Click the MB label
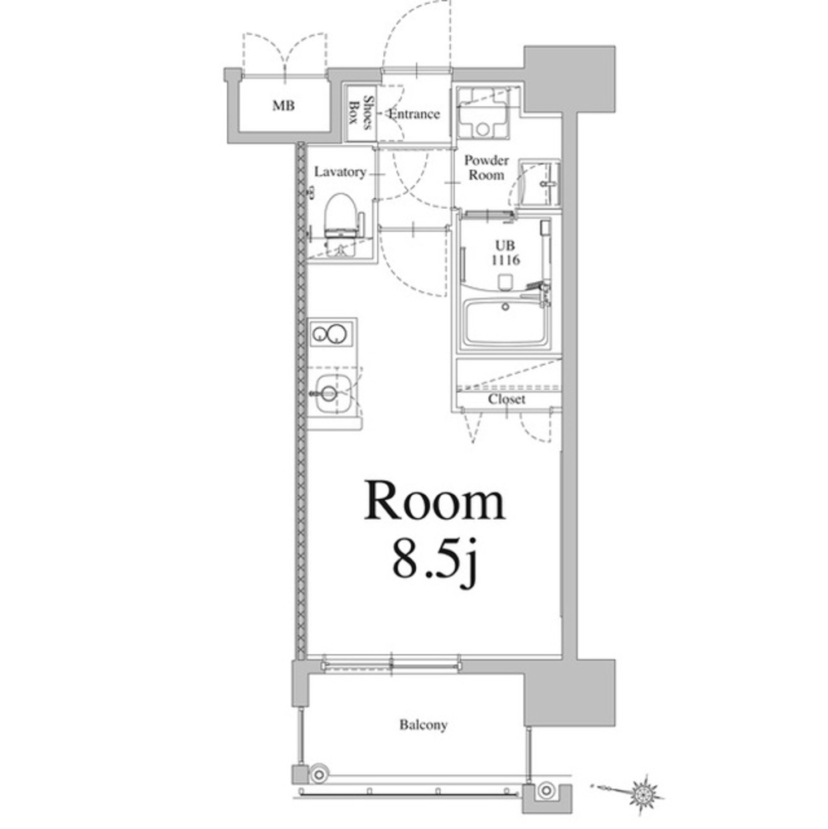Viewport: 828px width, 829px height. tap(283, 106)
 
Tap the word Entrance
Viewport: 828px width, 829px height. tap(414, 114)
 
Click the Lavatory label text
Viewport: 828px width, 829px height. tap(340, 172)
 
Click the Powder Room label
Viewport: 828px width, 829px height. tap(487, 167)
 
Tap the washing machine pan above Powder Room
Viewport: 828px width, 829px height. tap(483, 113)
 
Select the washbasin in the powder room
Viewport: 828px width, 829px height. tap(540, 183)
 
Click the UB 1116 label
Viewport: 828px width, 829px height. tap(506, 253)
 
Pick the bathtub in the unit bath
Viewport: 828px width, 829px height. tap(505, 322)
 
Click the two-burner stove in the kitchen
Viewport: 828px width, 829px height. tap(332, 333)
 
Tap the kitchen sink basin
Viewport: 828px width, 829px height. tap(332, 393)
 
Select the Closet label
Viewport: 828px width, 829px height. tap(506, 400)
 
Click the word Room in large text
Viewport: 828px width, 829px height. tap(434, 501)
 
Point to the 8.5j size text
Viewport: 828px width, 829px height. tap(434, 563)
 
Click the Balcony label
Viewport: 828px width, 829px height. tap(423, 725)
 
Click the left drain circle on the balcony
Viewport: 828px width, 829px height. tap(319, 774)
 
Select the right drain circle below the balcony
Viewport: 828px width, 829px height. tap(545, 791)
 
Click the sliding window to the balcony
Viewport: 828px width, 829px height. tap(390, 663)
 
